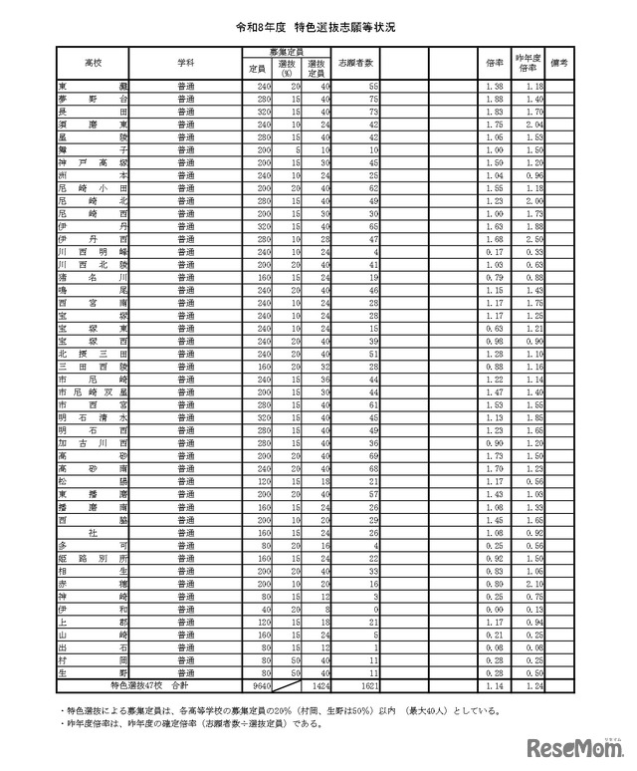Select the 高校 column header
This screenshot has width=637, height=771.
(x=95, y=62)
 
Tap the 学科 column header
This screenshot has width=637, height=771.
(x=185, y=62)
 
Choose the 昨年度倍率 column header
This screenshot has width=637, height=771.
(x=527, y=62)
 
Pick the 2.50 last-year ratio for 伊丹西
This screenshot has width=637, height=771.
(x=531, y=240)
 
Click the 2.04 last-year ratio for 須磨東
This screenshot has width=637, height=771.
(x=531, y=126)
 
